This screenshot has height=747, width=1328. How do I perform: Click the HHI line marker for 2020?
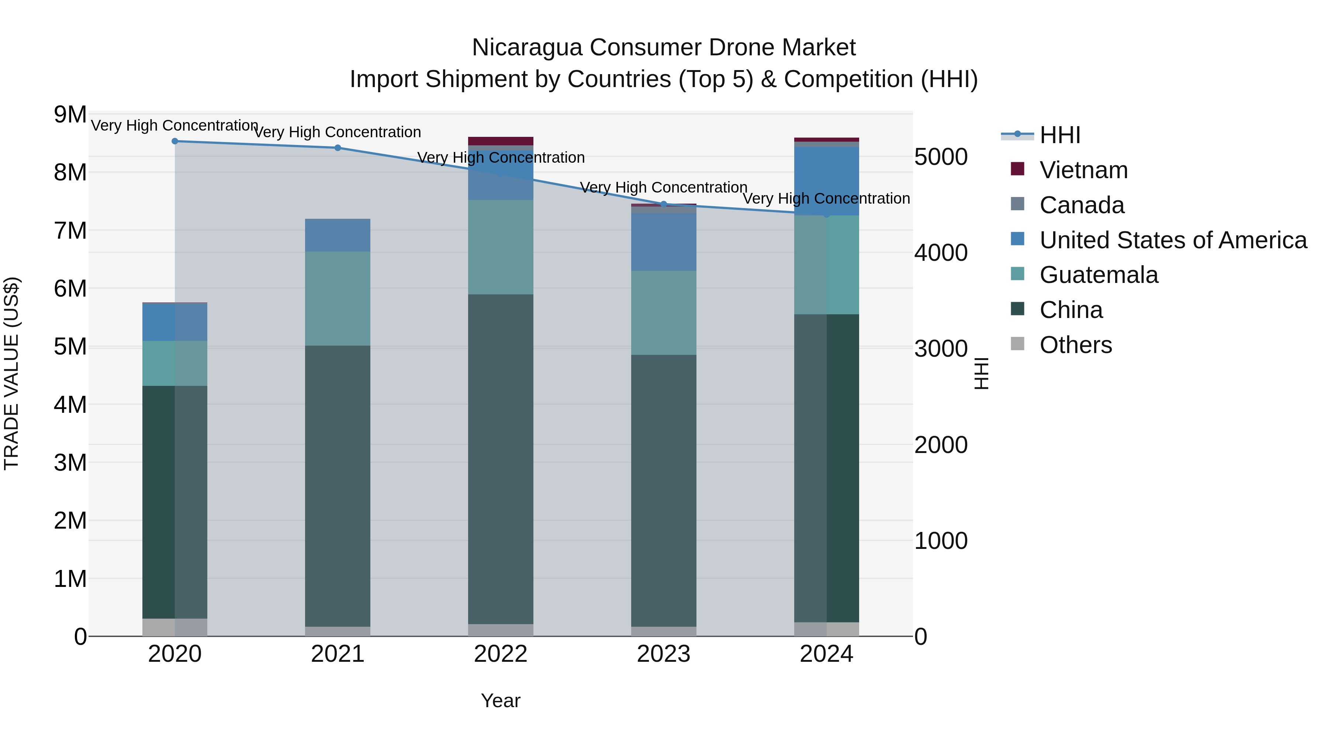tap(175, 141)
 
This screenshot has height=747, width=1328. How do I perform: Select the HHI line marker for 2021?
tap(338, 148)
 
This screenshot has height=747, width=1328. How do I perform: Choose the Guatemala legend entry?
tap(1098, 275)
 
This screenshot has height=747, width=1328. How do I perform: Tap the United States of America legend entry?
tap(1172, 240)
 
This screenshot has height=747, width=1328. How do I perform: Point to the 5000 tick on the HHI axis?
tap(940, 157)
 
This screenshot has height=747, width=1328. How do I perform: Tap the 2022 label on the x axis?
tap(501, 654)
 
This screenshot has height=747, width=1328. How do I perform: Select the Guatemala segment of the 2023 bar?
tap(664, 312)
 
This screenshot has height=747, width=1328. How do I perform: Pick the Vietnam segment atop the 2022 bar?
tap(501, 141)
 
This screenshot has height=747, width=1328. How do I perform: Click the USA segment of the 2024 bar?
tap(826, 180)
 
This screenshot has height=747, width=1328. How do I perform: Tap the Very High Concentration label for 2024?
tap(826, 198)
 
